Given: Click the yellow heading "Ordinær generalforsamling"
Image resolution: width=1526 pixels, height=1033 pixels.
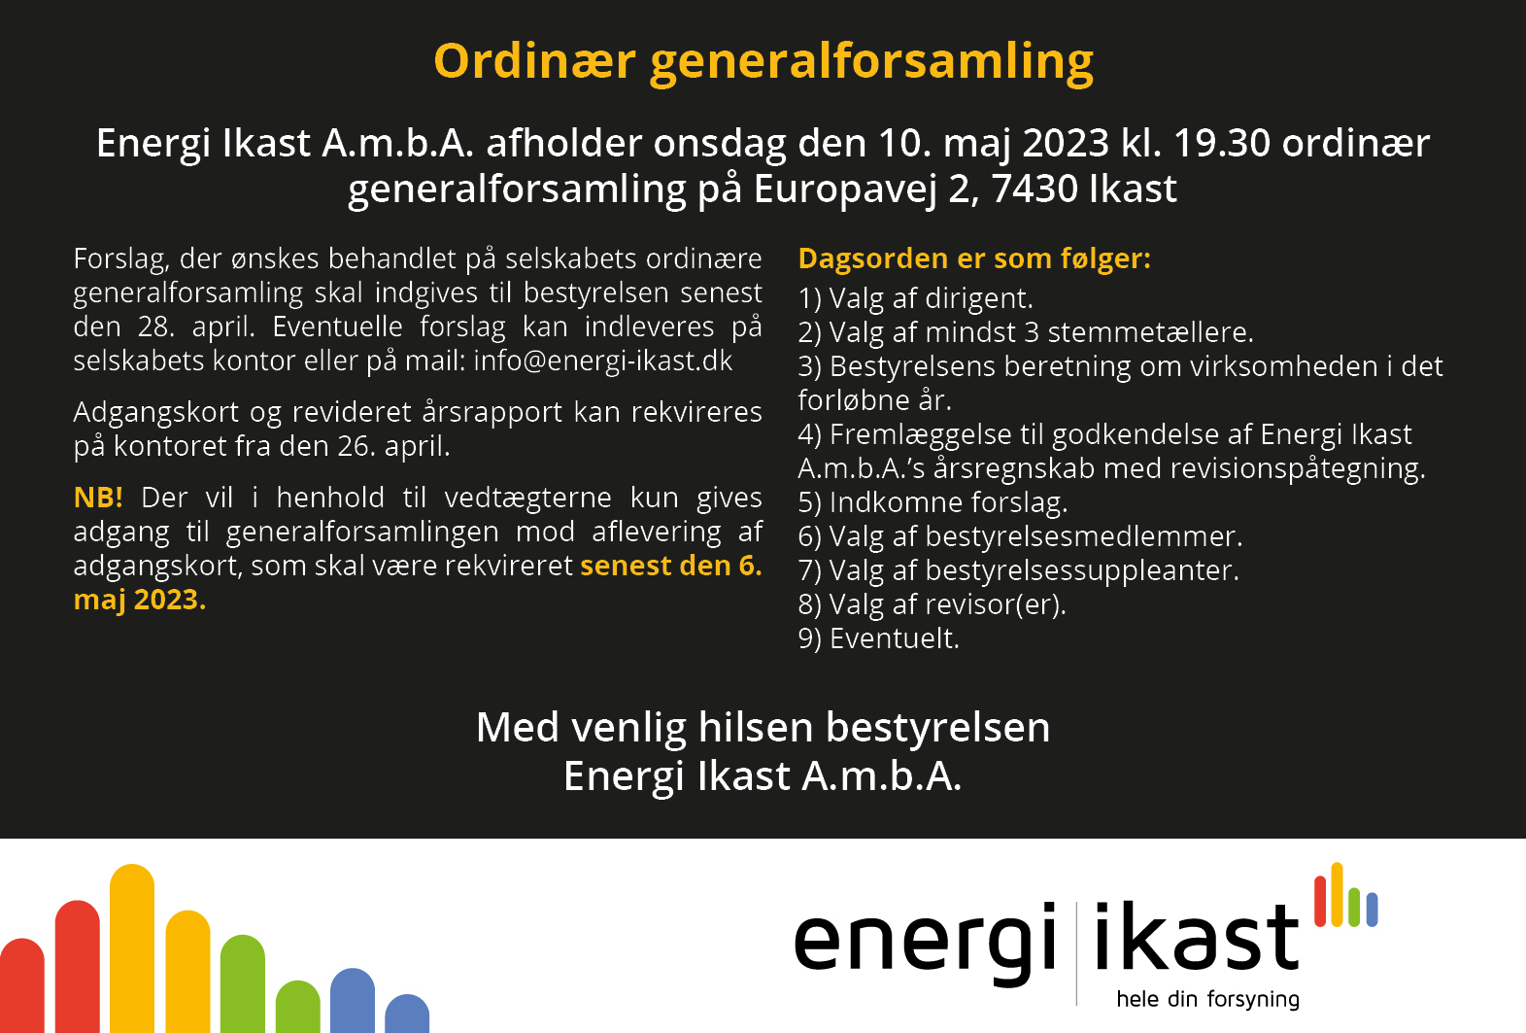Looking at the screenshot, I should [763, 61].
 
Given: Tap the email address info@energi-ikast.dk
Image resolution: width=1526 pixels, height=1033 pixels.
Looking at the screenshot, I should [602, 361].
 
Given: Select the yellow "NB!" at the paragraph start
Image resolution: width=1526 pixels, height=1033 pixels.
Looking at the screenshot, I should [98, 498].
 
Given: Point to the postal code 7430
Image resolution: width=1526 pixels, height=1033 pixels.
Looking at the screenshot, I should [1034, 189].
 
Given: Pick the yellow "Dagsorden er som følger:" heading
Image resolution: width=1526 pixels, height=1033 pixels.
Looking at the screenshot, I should [973, 258].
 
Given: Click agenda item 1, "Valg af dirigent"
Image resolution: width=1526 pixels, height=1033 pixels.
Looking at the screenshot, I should [915, 298].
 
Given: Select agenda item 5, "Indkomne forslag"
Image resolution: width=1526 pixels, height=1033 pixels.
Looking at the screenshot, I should [933, 502].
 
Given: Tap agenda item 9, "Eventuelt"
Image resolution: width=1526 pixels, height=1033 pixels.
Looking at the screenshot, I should [878, 638].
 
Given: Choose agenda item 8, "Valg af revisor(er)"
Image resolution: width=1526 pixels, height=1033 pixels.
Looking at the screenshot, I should [932, 604].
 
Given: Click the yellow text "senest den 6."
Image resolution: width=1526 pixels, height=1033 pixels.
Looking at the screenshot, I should [670, 566].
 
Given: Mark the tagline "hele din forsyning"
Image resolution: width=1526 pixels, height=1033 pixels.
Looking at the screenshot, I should [1207, 999].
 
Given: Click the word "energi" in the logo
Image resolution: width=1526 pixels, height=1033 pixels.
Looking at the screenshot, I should [925, 940].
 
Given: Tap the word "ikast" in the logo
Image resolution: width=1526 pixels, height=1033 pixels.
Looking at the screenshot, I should [1196, 938].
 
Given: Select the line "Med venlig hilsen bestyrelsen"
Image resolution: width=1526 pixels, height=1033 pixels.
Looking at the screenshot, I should [763, 728].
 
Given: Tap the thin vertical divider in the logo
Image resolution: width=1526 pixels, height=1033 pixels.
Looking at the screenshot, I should [1076, 952].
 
